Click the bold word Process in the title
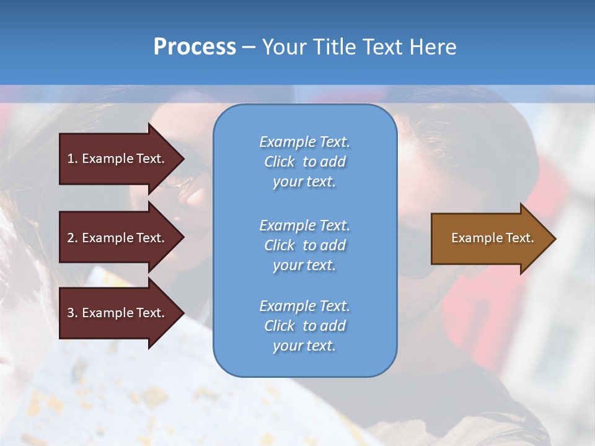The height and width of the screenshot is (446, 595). pos(195,47)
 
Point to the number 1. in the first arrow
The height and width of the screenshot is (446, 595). pos(73,159)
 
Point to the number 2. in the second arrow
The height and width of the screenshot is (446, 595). pos(73,238)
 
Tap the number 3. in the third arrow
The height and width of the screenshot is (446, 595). pos(73,313)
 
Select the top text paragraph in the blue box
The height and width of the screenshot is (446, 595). pos(304,162)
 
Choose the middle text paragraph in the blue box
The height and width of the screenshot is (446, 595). pos(304,245)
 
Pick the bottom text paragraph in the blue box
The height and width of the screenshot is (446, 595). pos(304,326)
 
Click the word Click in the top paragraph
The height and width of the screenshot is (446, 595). pos(280,162)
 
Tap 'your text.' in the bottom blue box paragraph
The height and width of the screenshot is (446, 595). pos(304,346)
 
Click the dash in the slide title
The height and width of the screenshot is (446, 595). pos(249,47)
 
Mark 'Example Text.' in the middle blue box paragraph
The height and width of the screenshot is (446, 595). pos(304,225)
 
